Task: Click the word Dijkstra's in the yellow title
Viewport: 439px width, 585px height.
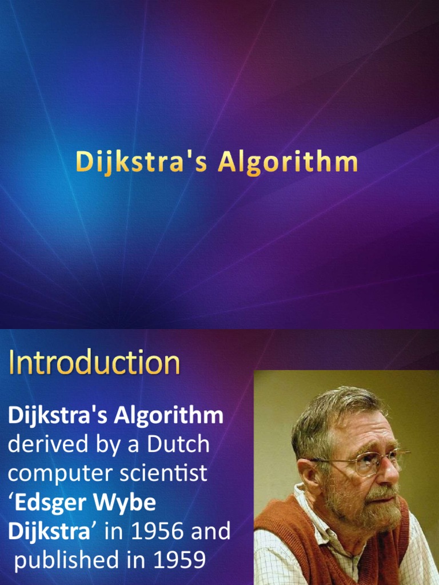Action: click(142, 162)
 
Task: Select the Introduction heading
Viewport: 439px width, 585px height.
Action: click(94, 363)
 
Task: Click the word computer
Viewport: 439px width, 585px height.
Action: click(54, 474)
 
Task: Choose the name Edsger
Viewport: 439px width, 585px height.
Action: click(57, 503)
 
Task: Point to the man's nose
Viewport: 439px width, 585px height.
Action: click(389, 471)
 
